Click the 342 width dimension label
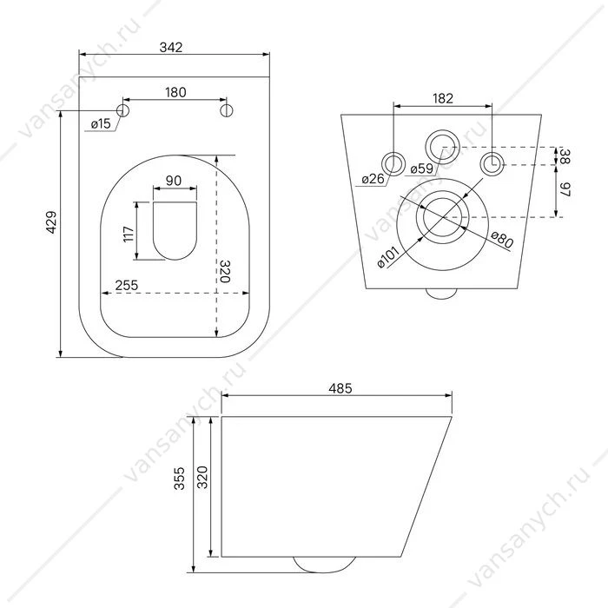(170, 47)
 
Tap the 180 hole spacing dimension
(175, 92)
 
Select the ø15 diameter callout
(101, 124)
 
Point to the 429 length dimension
(51, 222)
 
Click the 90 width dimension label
(174, 181)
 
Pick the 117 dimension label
(129, 234)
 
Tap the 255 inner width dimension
(127, 286)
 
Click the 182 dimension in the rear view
(443, 98)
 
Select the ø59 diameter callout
(421, 169)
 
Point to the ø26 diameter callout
(373, 179)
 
